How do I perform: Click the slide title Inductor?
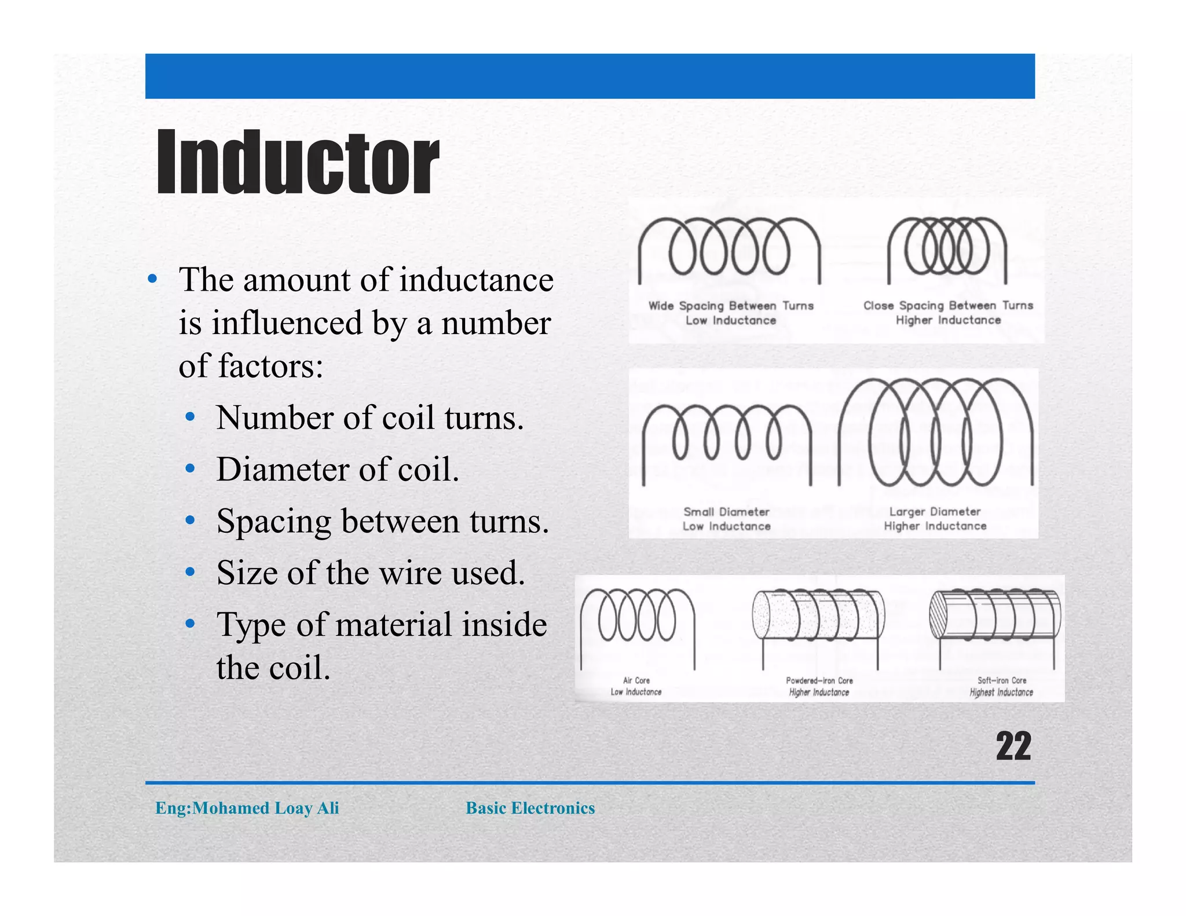(298, 162)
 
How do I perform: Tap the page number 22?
(1013, 746)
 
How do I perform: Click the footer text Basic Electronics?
(530, 808)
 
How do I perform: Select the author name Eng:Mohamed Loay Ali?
(247, 808)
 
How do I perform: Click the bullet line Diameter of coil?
(337, 469)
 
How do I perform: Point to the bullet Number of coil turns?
(369, 417)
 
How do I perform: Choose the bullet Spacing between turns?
(382, 521)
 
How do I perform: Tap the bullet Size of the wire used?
(371, 573)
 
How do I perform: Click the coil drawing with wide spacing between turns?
(729, 249)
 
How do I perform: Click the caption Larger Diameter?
(935, 511)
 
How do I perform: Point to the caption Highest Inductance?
(1001, 692)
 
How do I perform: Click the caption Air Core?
(636, 680)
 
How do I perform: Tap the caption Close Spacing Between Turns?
(948, 305)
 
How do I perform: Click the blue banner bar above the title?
(590, 76)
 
